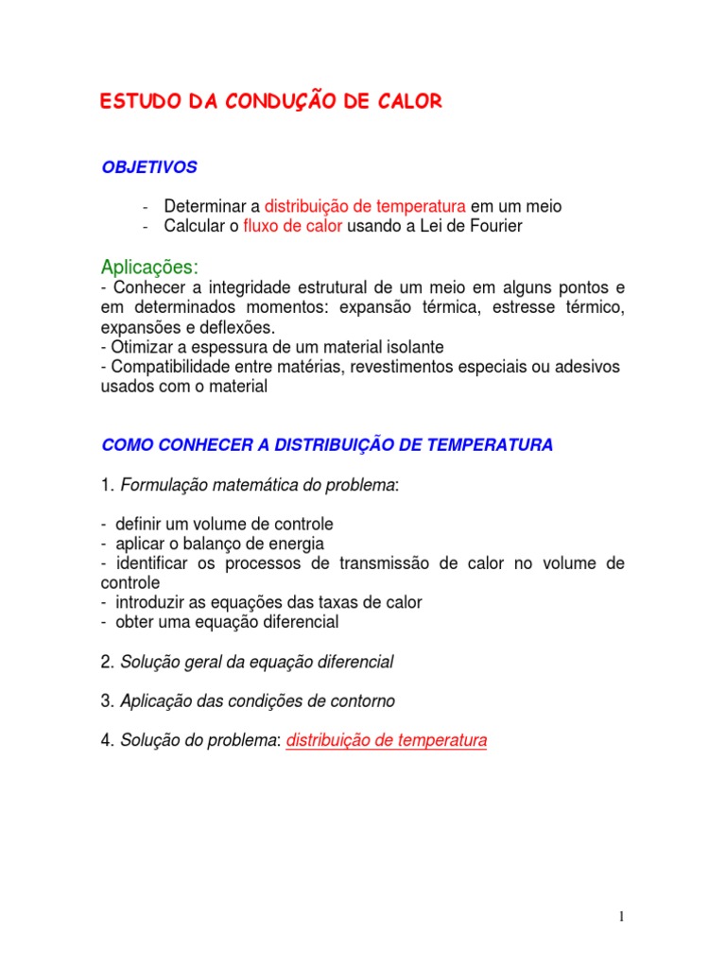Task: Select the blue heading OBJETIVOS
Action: tap(149, 167)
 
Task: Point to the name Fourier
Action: tap(494, 227)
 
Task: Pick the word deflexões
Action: tap(240, 327)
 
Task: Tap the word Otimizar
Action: tap(142, 347)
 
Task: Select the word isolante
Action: tap(413, 347)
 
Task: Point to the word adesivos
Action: tap(588, 367)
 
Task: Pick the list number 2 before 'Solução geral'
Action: tap(106, 662)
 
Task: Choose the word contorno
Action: tap(362, 701)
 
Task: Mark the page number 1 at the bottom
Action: tap(621, 916)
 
